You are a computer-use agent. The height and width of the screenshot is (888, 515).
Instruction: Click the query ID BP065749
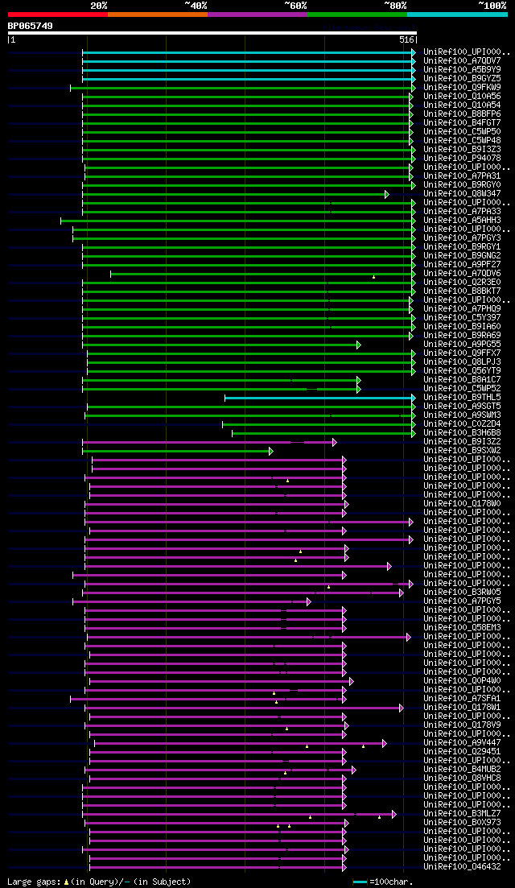pos(31,26)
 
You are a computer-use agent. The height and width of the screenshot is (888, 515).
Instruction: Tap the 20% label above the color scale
pos(99,6)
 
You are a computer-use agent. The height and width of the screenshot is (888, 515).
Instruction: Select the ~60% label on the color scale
pos(295,6)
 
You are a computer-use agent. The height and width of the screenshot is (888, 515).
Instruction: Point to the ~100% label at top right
pos(492,6)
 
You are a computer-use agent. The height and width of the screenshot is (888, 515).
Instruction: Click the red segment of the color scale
pos(57,14)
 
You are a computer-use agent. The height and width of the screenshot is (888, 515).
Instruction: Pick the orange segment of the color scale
pos(157,14)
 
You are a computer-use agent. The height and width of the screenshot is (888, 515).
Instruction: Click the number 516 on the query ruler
pos(406,39)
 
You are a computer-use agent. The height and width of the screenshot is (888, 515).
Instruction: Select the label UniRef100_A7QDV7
pos(462,60)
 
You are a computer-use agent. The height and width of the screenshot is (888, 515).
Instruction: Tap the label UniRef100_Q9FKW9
pos(462,87)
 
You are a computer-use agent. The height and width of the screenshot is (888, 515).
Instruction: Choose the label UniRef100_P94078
pos(462,158)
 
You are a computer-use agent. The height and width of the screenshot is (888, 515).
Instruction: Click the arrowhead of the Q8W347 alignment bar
pos(386,194)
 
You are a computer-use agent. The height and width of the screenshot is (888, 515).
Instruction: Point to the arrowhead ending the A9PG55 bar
pos(359,345)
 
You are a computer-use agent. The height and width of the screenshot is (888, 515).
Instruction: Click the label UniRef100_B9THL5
pos(462,398)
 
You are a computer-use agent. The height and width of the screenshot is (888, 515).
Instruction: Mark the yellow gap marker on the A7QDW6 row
pos(373,277)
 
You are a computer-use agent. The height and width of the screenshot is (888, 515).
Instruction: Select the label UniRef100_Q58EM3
pos(462,628)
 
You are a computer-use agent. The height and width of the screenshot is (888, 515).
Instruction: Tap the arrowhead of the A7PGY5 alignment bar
pos(308,601)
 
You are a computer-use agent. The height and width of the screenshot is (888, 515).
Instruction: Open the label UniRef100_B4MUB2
pos(462,770)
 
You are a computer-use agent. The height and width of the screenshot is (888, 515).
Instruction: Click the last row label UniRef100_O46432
pos(462,867)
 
